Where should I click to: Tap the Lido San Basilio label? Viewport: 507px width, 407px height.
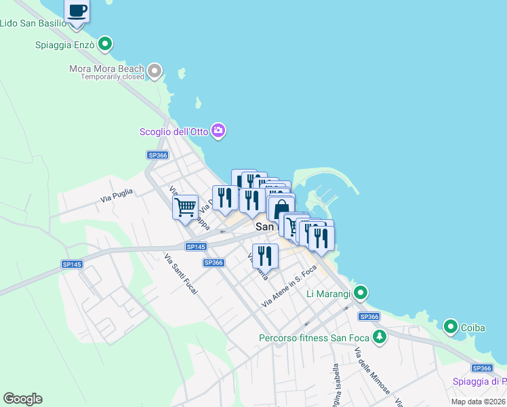tap(33, 23)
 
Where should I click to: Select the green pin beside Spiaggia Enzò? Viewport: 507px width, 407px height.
tap(105, 45)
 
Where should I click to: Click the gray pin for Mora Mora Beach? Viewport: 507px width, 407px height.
tap(155, 69)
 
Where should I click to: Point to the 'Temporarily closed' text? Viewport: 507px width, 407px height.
tap(113, 77)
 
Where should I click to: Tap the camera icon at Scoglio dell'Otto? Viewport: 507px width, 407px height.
tap(218, 131)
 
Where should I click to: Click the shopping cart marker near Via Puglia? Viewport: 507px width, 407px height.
tap(185, 207)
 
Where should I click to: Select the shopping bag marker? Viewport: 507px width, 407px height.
tap(281, 208)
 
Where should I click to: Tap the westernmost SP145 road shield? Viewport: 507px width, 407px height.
tap(71, 264)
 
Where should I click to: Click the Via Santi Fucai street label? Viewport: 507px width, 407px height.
tap(180, 273)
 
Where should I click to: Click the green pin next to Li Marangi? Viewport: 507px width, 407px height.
tap(361, 293)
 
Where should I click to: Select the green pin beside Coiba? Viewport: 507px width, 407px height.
tap(451, 328)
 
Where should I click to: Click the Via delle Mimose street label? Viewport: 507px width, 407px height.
tap(371, 370)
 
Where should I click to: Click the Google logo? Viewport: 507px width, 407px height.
tap(22, 399)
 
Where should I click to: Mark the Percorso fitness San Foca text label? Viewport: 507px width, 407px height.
tap(315, 338)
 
